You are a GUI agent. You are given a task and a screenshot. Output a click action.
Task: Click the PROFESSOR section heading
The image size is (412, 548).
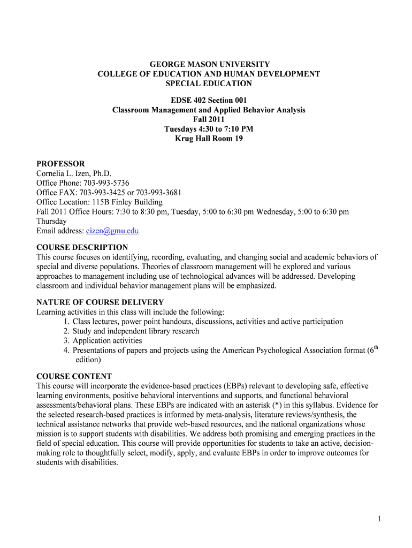tap(60, 164)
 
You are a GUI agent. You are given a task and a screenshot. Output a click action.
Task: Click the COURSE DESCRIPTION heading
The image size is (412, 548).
tap(82, 247)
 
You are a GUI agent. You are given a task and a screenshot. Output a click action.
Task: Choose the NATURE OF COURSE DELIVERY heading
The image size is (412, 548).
tap(100, 302)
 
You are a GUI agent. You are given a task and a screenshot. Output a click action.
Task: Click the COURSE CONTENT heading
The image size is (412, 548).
tap(74, 376)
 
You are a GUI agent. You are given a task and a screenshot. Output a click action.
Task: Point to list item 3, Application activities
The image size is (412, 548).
tap(107, 341)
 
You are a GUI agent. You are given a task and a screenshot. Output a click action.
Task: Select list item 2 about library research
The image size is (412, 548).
tap(135, 331)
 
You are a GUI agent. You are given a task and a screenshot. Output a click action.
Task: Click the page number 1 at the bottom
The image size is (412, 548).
tap(378, 519)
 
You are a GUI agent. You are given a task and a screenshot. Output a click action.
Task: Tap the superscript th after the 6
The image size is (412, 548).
tap(376, 348)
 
